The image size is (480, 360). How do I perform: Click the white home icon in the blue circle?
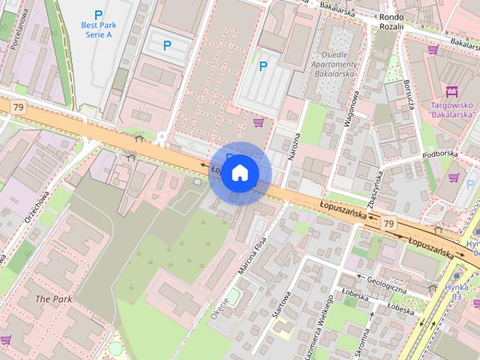(x=239, y=172)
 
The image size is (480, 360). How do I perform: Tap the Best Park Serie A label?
(x=97, y=30)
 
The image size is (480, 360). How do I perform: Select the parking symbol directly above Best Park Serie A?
(x=97, y=14)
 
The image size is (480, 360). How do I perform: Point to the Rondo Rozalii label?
(x=391, y=21)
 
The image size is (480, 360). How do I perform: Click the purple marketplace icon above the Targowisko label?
(x=451, y=92)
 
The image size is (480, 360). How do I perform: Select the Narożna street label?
(x=295, y=148)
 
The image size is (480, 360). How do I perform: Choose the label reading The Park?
(x=53, y=298)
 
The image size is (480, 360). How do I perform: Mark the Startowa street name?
(x=281, y=304)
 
